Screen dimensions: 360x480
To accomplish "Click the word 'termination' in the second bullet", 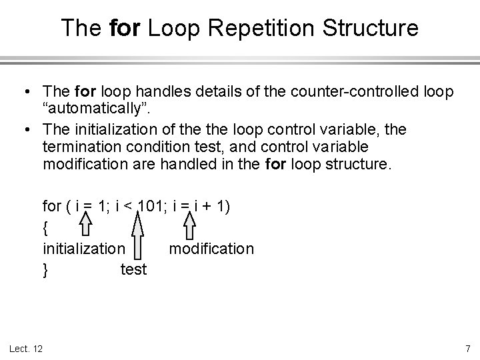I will point(79,146).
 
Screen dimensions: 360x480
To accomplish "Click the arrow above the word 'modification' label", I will point(189,225).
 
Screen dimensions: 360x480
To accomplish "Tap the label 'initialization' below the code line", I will point(83,249).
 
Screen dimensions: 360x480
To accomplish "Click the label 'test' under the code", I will point(133,270).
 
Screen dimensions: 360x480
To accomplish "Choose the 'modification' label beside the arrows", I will point(211,249).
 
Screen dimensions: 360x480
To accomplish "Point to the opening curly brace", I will point(45,228).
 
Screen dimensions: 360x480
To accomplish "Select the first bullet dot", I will point(23,89).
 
